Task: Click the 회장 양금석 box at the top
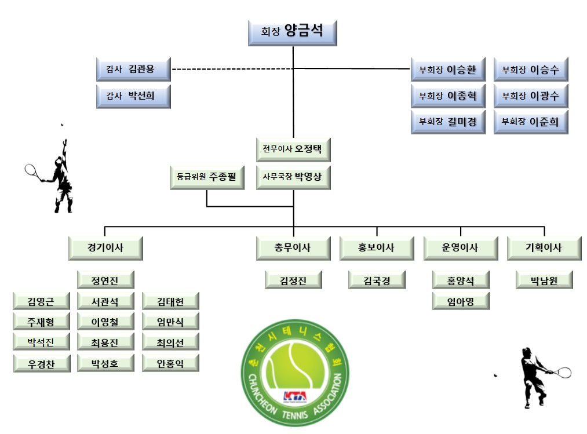tap(293, 34)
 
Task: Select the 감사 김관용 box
tap(133, 70)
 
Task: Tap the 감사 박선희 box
tap(133, 96)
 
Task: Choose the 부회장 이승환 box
tap(448, 70)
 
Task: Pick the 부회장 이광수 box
tap(531, 96)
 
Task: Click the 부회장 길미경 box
tap(448, 122)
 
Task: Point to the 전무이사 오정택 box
tap(293, 149)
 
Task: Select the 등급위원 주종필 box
tap(207, 177)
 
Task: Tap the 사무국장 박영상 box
tap(293, 177)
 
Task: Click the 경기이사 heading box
tap(105, 248)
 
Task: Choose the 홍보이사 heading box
tap(377, 248)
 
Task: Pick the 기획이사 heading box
tap(544, 248)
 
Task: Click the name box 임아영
tap(461, 301)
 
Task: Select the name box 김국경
tap(377, 280)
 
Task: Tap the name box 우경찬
tap(42, 363)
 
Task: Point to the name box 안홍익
tap(170, 363)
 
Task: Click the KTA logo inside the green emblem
tap(295, 396)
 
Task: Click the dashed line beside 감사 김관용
tap(232, 69)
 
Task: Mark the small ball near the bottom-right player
tap(495, 375)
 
